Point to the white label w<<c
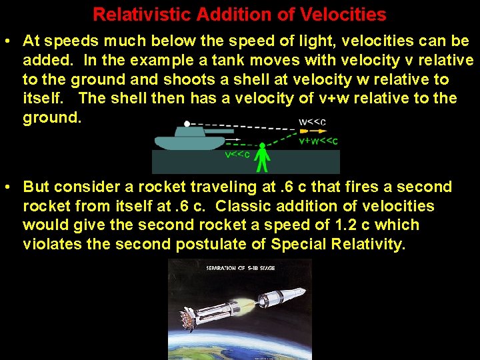click(x=312, y=122)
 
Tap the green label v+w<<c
click(x=317, y=141)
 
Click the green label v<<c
click(x=237, y=155)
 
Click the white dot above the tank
click(x=187, y=123)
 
